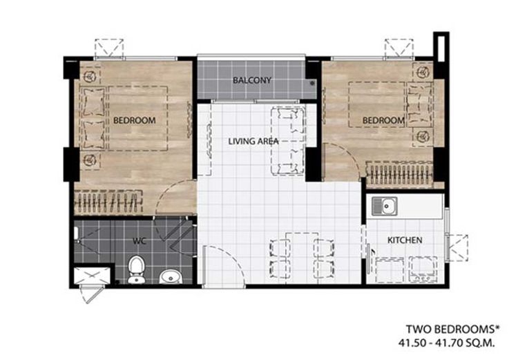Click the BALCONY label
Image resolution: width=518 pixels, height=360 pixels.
click(x=251, y=80)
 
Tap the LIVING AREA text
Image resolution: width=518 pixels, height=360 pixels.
click(x=253, y=142)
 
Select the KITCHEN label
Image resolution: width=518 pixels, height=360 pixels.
click(x=405, y=240)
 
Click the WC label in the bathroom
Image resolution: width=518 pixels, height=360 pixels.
click(x=139, y=241)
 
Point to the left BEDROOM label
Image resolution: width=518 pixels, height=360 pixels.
click(x=134, y=120)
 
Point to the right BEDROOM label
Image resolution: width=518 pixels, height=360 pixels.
click(x=383, y=120)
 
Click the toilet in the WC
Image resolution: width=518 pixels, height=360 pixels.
click(x=137, y=269)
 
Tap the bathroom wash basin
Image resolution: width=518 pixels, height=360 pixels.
click(x=171, y=276)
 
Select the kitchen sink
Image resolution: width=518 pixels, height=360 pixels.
click(x=385, y=206)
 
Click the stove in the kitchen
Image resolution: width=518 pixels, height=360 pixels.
click(x=423, y=269)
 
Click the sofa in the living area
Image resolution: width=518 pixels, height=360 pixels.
click(x=287, y=141)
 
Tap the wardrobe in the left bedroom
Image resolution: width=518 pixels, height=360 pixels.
click(x=108, y=202)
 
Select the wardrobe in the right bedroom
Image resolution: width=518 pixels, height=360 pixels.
click(x=400, y=173)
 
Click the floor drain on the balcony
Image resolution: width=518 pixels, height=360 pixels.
click(x=312, y=84)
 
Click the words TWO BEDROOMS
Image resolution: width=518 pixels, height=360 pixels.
click(x=450, y=330)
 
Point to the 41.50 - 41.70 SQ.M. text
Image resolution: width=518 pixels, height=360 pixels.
click(x=447, y=343)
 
